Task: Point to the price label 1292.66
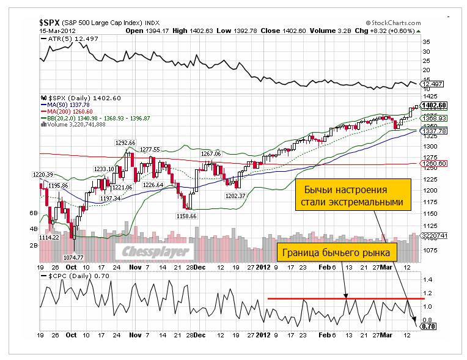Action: (x=125, y=142)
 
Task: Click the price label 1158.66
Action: (x=185, y=216)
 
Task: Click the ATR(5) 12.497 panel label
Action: (x=66, y=39)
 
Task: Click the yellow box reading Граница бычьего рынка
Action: (x=337, y=251)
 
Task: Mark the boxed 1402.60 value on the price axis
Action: (x=432, y=105)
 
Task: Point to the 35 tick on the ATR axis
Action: (x=426, y=42)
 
